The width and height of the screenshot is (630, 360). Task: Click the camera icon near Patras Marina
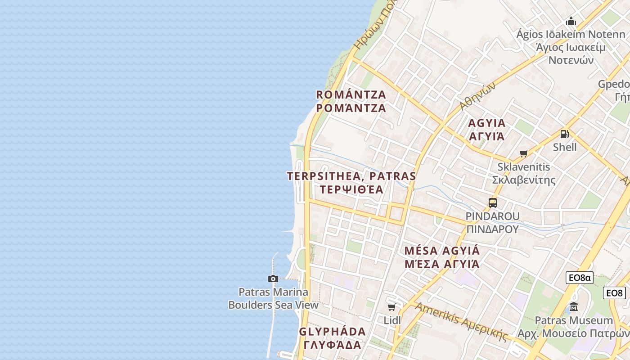pyautogui.click(x=273, y=279)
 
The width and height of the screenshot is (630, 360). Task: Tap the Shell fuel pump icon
pyautogui.click(x=564, y=134)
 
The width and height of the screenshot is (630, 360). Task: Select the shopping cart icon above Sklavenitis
pyautogui.click(x=523, y=154)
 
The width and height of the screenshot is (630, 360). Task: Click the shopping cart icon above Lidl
pyautogui.click(x=391, y=307)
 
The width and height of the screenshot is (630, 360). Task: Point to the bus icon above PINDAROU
pyautogui.click(x=493, y=203)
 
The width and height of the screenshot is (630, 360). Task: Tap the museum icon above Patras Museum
pyautogui.click(x=574, y=307)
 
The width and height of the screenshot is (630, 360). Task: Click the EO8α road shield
pyautogui.click(x=579, y=278)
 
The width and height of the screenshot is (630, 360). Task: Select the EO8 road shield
pyautogui.click(x=615, y=293)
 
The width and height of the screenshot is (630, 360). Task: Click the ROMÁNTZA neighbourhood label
pyautogui.click(x=351, y=95)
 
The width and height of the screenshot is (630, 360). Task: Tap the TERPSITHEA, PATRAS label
pyautogui.click(x=351, y=176)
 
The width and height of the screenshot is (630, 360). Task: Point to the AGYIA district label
pyautogui.click(x=487, y=123)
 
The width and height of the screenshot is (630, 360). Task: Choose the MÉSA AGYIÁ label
pyautogui.click(x=442, y=251)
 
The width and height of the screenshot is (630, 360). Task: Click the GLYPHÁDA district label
pyautogui.click(x=333, y=332)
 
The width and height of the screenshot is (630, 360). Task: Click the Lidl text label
pyautogui.click(x=392, y=320)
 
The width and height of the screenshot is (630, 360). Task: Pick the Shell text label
pyautogui.click(x=565, y=147)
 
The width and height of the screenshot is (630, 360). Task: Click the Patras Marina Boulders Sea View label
pyautogui.click(x=273, y=298)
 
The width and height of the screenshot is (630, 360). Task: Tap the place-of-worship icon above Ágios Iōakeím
pyautogui.click(x=571, y=21)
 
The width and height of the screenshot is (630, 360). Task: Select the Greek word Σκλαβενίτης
pyautogui.click(x=523, y=180)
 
